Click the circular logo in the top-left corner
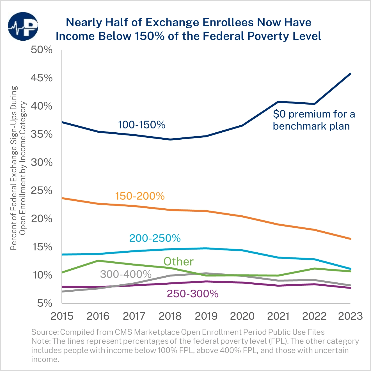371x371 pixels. pyautogui.click(x=23, y=26)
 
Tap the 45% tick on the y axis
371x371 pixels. pyautogui.click(x=42, y=78)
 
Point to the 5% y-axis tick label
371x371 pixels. pyautogui.click(x=45, y=303)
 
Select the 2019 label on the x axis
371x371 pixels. pyautogui.click(x=206, y=316)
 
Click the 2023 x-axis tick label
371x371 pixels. pyautogui.click(x=350, y=316)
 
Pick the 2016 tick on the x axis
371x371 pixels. pyautogui.click(x=98, y=316)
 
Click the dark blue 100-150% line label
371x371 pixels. pyautogui.click(x=141, y=125)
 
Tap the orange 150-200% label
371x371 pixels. pyautogui.click(x=140, y=196)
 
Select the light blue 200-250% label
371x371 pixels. pyautogui.click(x=155, y=238)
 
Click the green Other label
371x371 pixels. pyautogui.click(x=178, y=262)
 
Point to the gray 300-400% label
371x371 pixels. pyautogui.click(x=126, y=274)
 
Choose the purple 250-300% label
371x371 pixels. pyautogui.click(x=193, y=294)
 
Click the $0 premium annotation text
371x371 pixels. pyautogui.click(x=314, y=120)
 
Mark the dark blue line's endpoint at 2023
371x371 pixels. pyautogui.click(x=350, y=74)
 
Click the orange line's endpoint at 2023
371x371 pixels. pyautogui.click(x=350, y=239)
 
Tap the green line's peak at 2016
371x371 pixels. pyautogui.click(x=98, y=261)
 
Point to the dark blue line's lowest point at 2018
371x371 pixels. pyautogui.click(x=170, y=139)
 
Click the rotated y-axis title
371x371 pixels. pyautogui.click(x=18, y=168)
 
